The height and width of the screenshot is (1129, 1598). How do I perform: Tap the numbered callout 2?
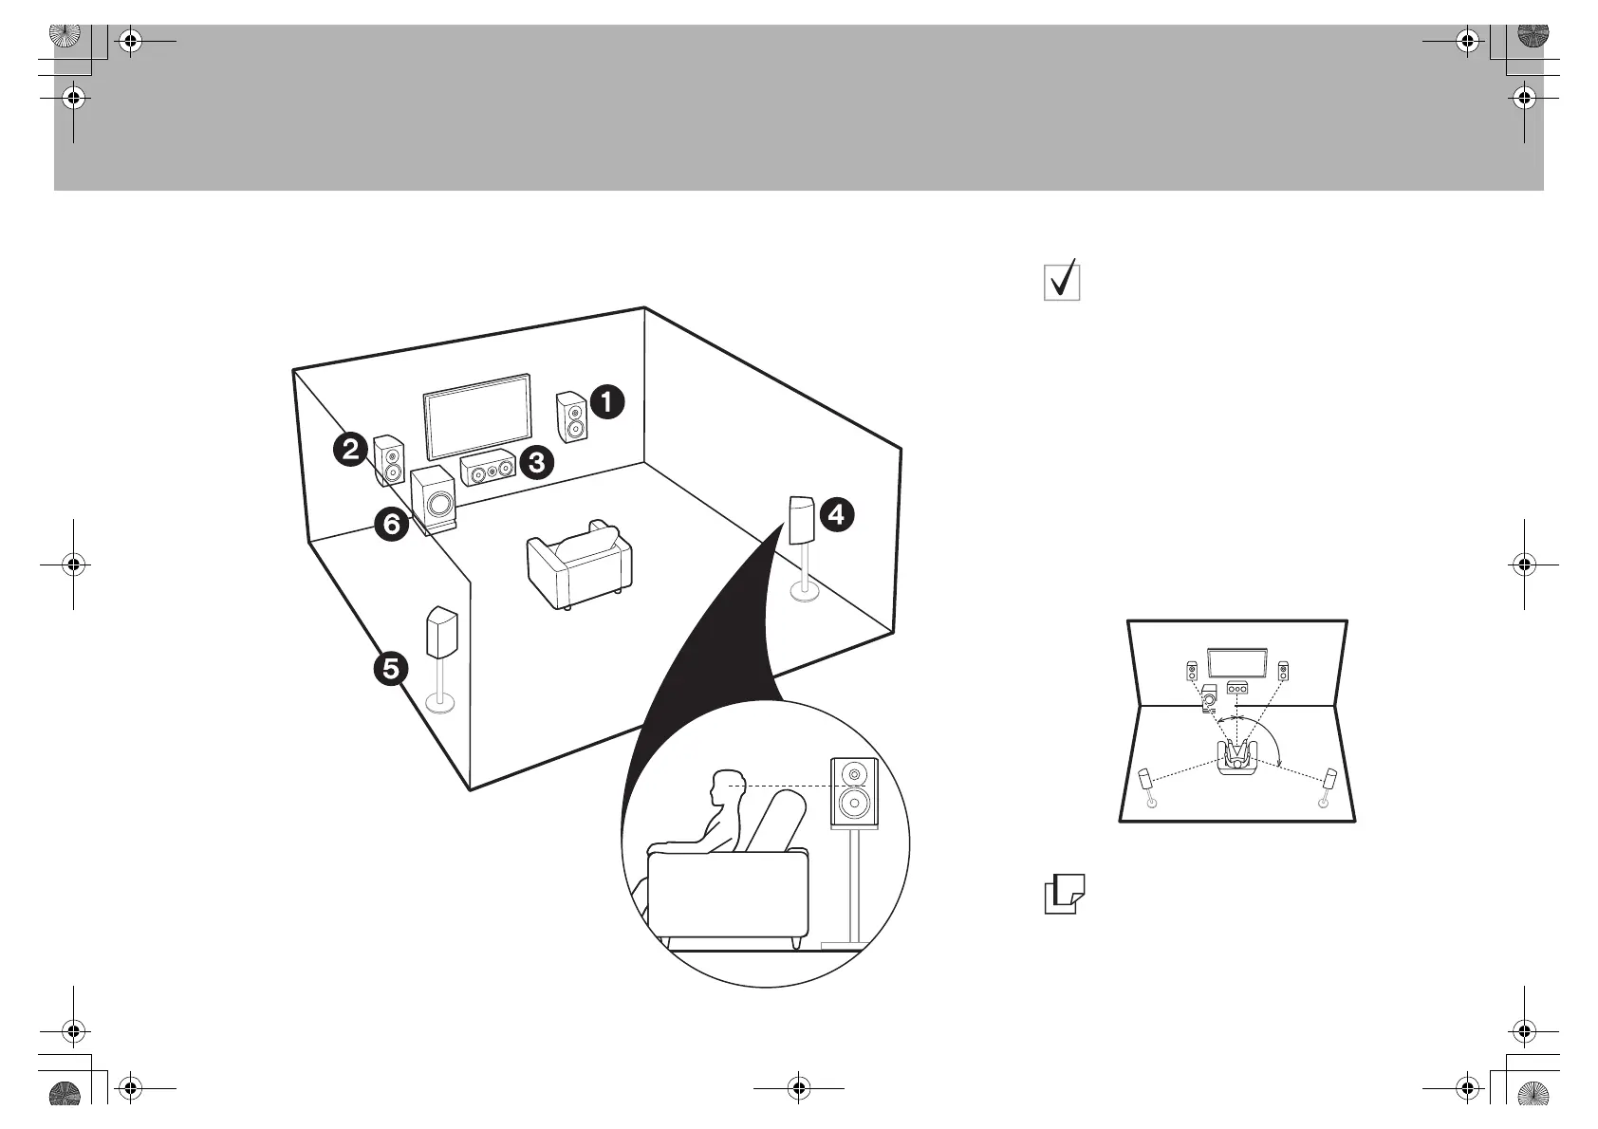coord(351,448)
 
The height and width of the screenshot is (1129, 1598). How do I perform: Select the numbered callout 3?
coord(536,463)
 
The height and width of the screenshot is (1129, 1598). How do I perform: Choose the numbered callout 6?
coord(391,524)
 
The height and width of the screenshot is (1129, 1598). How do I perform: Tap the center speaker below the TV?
coord(489,470)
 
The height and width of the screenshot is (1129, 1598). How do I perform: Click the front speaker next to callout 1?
coord(571,417)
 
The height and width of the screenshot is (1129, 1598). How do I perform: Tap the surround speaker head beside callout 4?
coord(801,519)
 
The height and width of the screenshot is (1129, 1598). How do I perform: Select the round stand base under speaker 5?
coord(440,703)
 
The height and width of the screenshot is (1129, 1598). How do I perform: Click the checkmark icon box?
coord(1063,281)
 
